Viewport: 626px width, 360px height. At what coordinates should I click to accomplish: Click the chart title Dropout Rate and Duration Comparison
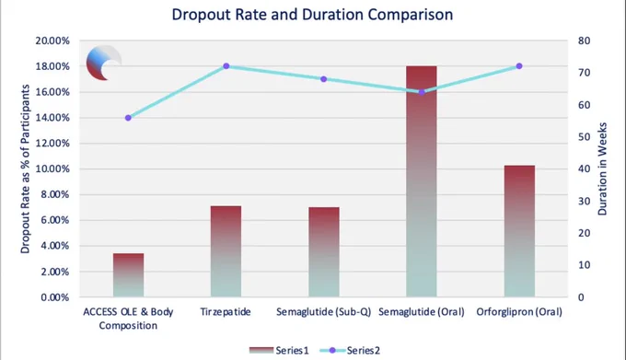(x=312, y=15)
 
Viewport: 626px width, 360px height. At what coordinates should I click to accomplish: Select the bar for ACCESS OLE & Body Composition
(x=128, y=275)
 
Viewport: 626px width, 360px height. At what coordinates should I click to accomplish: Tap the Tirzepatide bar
(x=226, y=251)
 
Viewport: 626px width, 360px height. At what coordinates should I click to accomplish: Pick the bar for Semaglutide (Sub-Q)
(x=324, y=252)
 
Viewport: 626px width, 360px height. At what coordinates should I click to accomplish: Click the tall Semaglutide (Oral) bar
(x=422, y=181)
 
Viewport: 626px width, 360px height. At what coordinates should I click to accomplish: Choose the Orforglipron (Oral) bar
(x=519, y=231)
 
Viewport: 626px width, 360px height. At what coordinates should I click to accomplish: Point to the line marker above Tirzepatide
(x=226, y=66)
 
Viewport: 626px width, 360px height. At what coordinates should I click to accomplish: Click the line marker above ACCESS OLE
(x=128, y=118)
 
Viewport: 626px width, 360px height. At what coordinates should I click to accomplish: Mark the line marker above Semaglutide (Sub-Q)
(x=324, y=79)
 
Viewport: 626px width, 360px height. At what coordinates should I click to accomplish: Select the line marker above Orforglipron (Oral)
(x=519, y=66)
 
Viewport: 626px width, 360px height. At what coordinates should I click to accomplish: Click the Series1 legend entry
(x=279, y=351)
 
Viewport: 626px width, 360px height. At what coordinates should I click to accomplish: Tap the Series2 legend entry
(x=350, y=351)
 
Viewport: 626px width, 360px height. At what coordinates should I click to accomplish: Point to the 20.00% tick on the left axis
(x=52, y=41)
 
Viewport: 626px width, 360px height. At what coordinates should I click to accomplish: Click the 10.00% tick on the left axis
(x=52, y=168)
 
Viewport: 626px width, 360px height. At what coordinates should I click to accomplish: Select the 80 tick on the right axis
(x=584, y=41)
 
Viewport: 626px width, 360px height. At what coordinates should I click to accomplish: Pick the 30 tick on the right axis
(x=584, y=201)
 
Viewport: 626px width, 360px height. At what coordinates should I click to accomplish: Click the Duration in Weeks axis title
(x=602, y=168)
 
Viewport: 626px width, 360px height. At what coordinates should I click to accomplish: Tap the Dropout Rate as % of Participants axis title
(x=25, y=168)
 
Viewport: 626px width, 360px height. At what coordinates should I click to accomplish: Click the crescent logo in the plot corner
(x=104, y=63)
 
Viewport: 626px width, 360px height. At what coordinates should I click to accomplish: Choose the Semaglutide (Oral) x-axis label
(x=422, y=312)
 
